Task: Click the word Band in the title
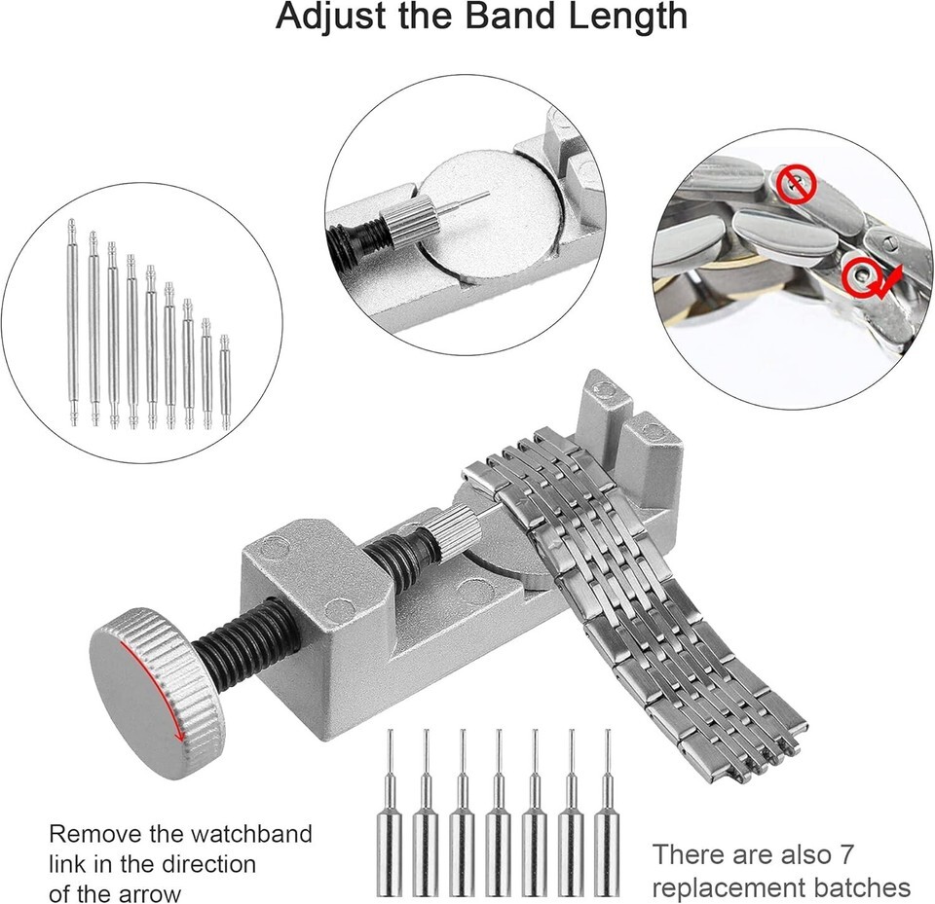coord(511,17)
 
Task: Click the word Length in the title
coord(628,18)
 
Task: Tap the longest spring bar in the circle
coord(73,322)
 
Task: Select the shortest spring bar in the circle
coord(224,382)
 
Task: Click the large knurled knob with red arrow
coord(158,691)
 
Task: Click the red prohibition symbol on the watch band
coord(796,184)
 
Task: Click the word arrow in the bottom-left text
coord(148,894)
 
